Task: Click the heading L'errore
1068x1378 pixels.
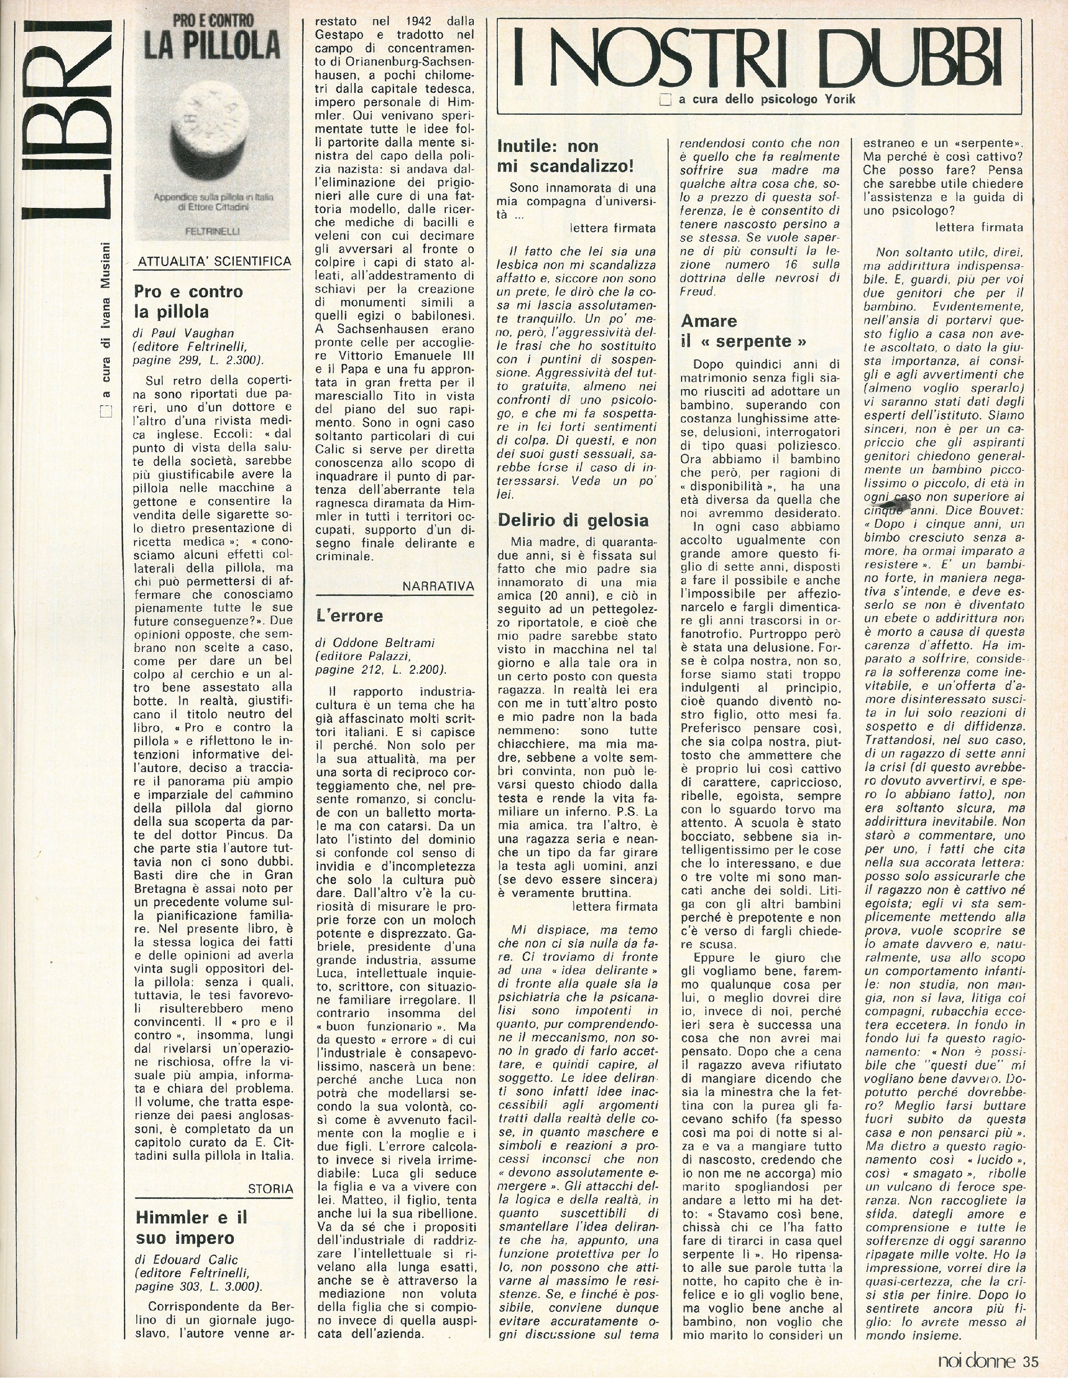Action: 349,615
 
